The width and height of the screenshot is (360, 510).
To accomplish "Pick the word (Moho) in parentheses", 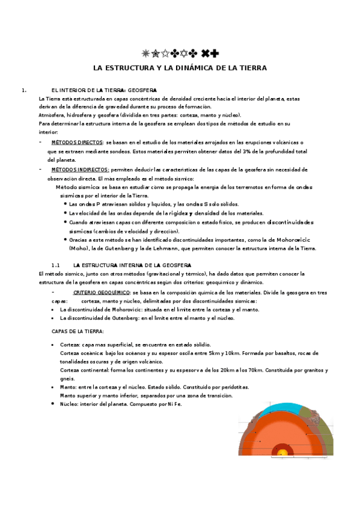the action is (x=79, y=248).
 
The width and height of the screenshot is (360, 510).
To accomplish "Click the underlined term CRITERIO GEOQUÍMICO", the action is (x=99, y=292).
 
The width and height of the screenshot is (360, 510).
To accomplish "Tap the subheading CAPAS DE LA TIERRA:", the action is (x=78, y=331).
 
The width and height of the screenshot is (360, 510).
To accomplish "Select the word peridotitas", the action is (x=231, y=387).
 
